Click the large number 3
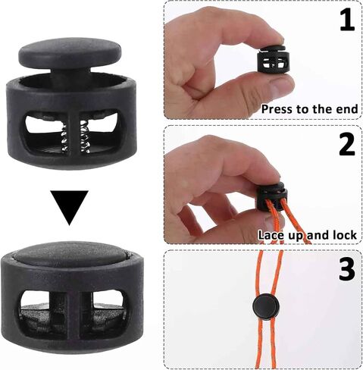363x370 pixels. [346, 268]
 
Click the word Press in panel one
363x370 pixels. [277, 108]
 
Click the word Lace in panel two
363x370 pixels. [273, 234]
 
